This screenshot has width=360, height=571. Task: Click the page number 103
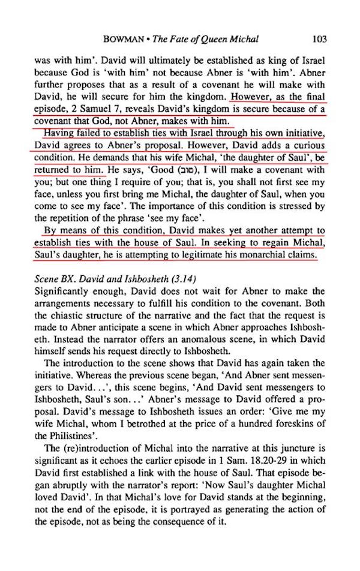[x=319, y=40]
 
